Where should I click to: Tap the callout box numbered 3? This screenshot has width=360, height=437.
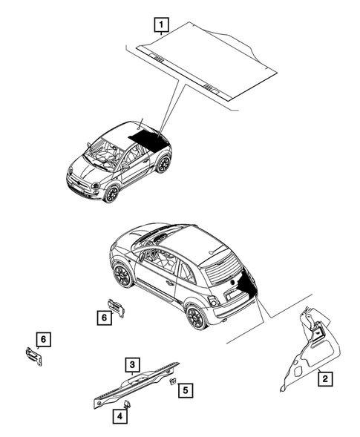(x=131, y=364)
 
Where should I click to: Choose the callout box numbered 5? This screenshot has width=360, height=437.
(x=186, y=389)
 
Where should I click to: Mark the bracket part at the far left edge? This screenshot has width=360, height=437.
(x=33, y=356)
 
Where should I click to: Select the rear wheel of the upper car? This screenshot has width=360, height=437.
(x=162, y=164)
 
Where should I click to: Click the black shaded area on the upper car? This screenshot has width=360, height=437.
(x=145, y=138)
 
